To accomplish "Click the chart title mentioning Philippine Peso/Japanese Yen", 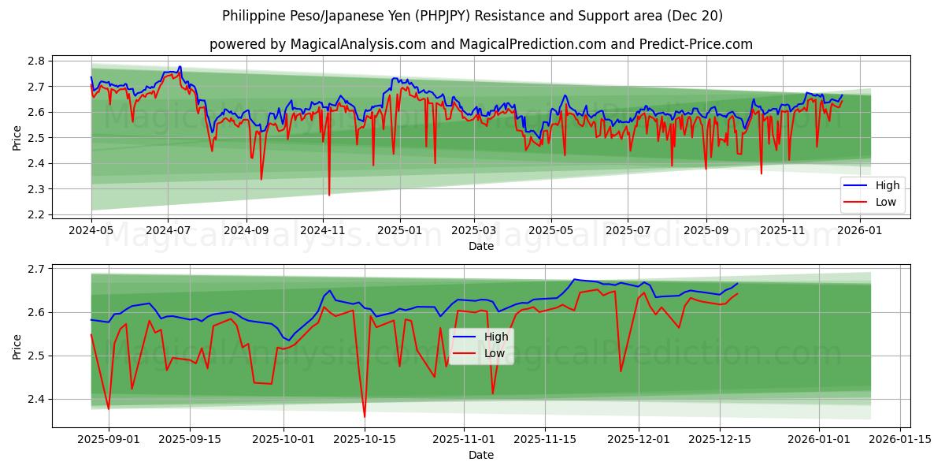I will (472, 16).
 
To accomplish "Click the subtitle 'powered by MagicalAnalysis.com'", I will (480, 44).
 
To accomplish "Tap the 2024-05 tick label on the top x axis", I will (91, 231).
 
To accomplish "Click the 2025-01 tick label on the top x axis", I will (399, 231).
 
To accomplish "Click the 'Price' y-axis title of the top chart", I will (17, 138).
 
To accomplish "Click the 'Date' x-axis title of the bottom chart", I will (480, 455).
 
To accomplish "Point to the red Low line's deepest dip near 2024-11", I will (329, 195).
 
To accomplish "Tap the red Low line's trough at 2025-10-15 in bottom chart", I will (365, 417).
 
